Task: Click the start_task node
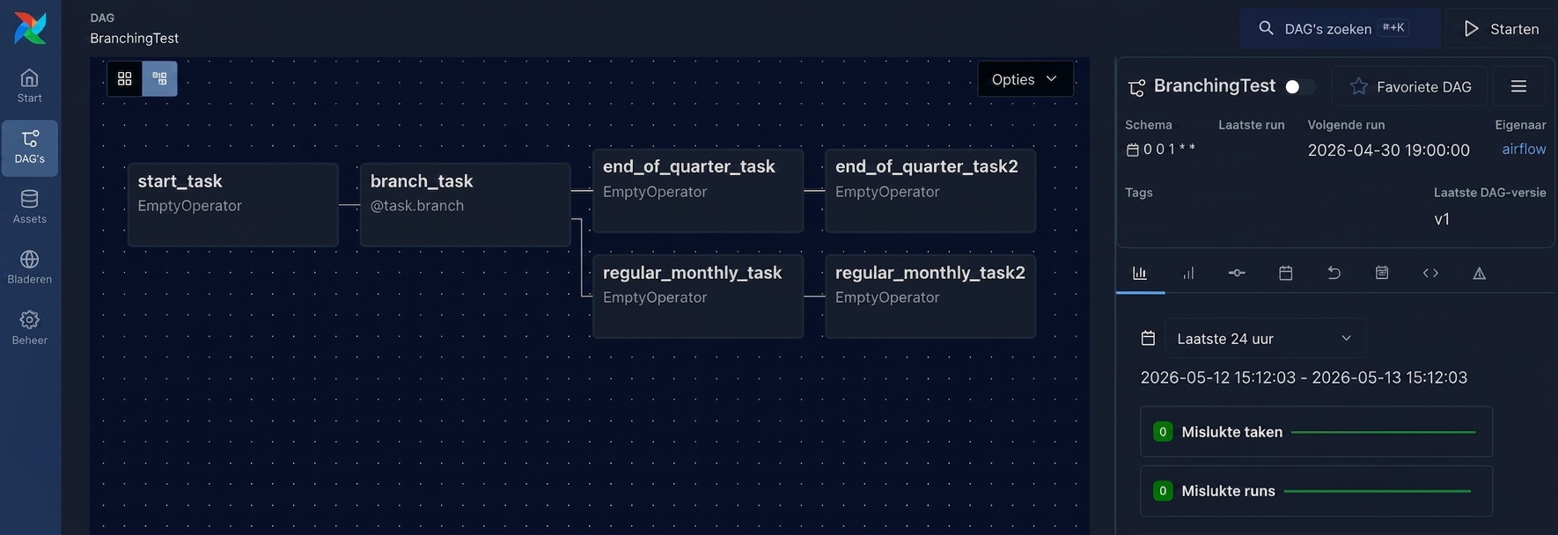(232, 204)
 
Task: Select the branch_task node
(465, 204)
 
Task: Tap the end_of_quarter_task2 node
(930, 190)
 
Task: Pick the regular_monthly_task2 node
(930, 297)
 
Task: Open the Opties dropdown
(1025, 79)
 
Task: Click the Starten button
(1502, 29)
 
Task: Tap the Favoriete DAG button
(1410, 86)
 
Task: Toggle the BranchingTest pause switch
(1300, 86)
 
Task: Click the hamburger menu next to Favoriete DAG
(1518, 86)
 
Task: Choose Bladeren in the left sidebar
(30, 267)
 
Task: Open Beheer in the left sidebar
(30, 328)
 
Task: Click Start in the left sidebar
(30, 86)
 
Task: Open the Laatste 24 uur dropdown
(1265, 339)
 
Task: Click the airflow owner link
(1524, 150)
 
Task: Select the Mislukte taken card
(1316, 432)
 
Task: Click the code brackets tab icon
(1430, 273)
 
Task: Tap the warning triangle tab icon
(1479, 273)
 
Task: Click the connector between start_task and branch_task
(349, 205)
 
